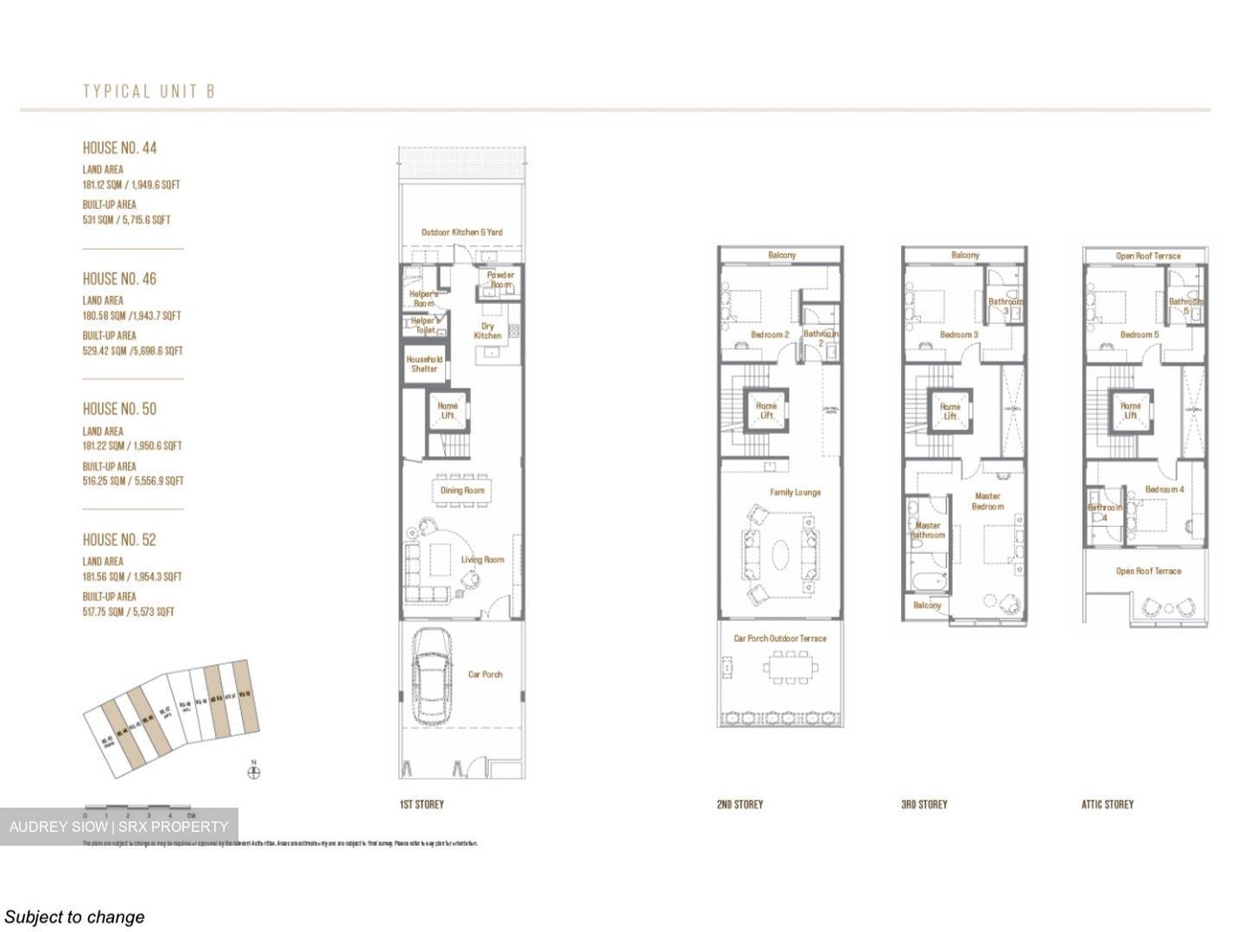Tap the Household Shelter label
pos(424,364)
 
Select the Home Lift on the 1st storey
pos(447,410)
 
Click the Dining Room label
pos(462,491)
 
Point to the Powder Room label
pos(500,280)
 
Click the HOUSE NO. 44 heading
pos(119,148)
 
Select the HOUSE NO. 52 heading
pos(119,540)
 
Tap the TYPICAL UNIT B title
pos(149,92)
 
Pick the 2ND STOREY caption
pos(739,804)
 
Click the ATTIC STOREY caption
pos(1107,804)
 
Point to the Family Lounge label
pos(795,492)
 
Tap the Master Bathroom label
pos(927,530)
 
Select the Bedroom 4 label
pos(1164,490)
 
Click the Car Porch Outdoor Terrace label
pos(779,638)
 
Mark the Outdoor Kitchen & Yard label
pos(461,232)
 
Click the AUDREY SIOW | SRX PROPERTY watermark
pos(119,827)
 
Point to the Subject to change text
pos(74,916)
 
